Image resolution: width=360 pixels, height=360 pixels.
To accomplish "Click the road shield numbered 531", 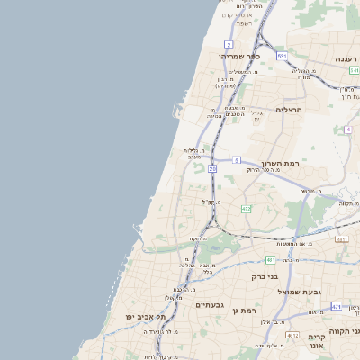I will coord(282,56).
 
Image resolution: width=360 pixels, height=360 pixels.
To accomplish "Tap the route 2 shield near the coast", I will coord(229,44).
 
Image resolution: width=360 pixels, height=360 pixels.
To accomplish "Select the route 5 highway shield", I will coord(236,160).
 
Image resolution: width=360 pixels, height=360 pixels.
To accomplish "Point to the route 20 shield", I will coord(212,168).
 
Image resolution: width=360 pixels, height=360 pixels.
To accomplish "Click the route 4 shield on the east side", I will coord(347,130).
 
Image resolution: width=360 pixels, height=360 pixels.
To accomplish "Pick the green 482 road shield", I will coord(246,209).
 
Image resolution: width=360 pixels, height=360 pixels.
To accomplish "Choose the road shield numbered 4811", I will coord(341,239).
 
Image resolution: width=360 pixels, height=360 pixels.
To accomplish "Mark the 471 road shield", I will coord(336,306).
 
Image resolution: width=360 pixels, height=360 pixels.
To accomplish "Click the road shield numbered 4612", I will coord(292,335).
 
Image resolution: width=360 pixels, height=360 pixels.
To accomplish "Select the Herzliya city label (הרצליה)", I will coord(267,110).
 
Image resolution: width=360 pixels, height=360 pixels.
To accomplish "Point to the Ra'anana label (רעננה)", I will coord(346,58).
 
